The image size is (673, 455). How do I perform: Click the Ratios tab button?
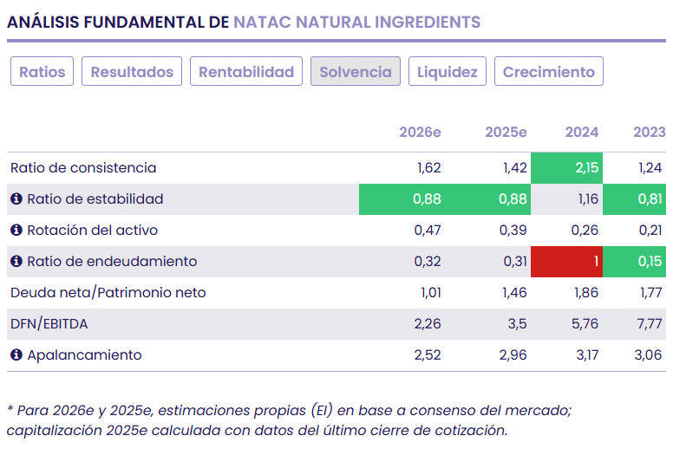pyautogui.click(x=42, y=72)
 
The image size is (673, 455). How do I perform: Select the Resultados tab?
pyautogui.click(x=132, y=72)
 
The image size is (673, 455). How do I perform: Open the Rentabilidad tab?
pyautogui.click(x=246, y=72)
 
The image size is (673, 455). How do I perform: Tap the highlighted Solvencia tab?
pyautogui.click(x=356, y=72)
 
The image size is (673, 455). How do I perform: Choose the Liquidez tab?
pyautogui.click(x=448, y=72)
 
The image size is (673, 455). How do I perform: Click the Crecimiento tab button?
pyautogui.click(x=549, y=72)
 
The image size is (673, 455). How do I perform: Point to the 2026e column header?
pyautogui.click(x=420, y=132)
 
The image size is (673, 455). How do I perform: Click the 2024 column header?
pyautogui.click(x=581, y=132)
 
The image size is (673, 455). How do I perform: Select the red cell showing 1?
pyautogui.click(x=567, y=262)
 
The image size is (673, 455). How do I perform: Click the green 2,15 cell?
pyautogui.click(x=567, y=168)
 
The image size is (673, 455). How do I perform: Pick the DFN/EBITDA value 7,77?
pyautogui.click(x=650, y=324)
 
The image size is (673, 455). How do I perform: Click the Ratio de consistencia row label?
pyautogui.click(x=83, y=168)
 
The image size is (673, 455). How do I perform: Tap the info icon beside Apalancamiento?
pyautogui.click(x=16, y=355)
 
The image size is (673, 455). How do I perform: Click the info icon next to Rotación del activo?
pyautogui.click(x=16, y=231)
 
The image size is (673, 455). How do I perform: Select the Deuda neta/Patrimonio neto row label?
pyautogui.click(x=108, y=293)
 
